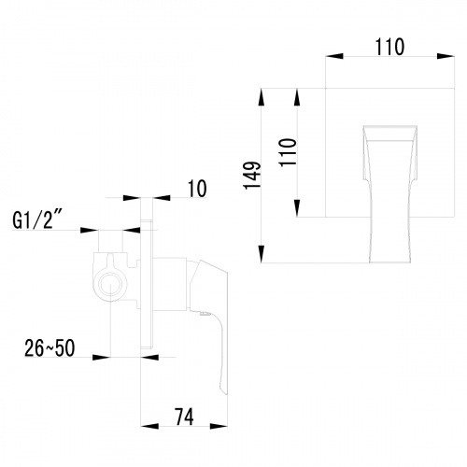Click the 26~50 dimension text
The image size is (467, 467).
click(x=50, y=348)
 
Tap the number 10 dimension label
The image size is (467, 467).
click(x=196, y=190)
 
